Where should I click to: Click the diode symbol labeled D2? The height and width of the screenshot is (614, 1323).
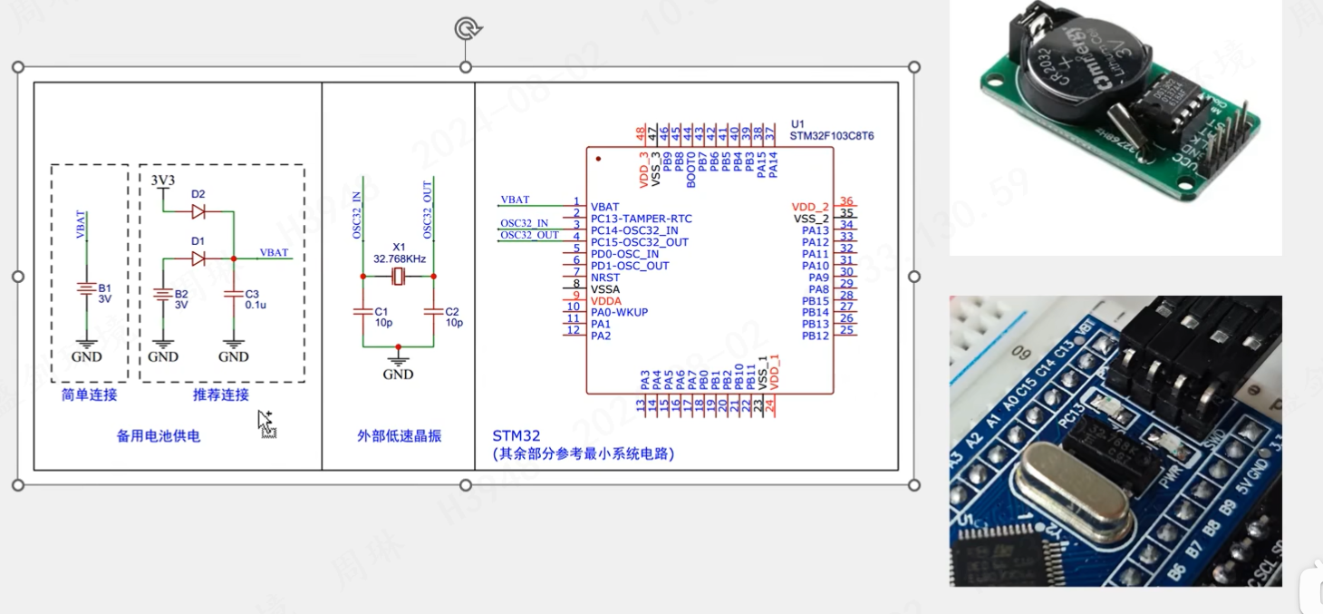click(198, 211)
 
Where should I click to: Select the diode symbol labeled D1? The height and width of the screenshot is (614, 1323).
click(198, 258)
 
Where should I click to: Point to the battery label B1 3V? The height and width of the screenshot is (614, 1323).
click(104, 294)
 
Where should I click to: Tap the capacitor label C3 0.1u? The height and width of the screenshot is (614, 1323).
click(253, 299)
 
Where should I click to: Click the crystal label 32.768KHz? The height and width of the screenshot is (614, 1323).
click(399, 258)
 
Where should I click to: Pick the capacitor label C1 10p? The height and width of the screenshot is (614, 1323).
click(382, 317)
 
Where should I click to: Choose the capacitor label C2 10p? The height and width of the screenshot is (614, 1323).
click(454, 317)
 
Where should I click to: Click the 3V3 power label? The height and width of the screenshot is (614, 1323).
click(162, 180)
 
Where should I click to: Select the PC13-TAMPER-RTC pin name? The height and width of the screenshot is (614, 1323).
click(641, 219)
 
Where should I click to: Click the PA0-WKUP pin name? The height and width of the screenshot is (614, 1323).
click(619, 313)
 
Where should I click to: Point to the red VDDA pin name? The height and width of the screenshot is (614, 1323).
click(606, 301)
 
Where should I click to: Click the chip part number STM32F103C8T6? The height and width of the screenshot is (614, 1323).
click(832, 136)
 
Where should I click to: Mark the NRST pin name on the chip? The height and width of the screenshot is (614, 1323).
click(604, 278)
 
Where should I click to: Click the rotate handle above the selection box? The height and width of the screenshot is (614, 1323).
click(466, 30)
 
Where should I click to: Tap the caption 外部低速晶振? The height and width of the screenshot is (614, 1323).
click(399, 435)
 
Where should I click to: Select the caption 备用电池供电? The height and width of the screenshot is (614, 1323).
click(159, 435)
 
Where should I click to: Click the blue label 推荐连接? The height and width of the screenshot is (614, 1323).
click(221, 395)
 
